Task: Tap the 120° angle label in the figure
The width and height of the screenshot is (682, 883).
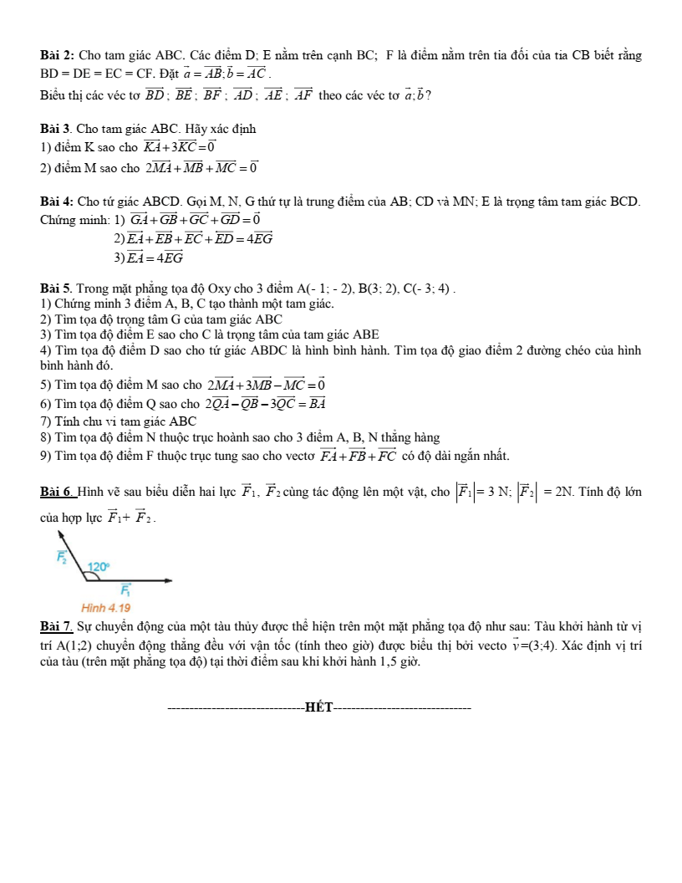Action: (x=99, y=567)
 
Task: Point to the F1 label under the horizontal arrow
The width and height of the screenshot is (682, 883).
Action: (x=125, y=591)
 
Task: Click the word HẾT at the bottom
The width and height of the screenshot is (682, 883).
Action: (x=319, y=709)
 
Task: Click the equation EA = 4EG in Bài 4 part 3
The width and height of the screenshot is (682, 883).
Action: (x=155, y=258)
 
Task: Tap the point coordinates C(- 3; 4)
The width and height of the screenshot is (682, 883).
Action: (x=427, y=290)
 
